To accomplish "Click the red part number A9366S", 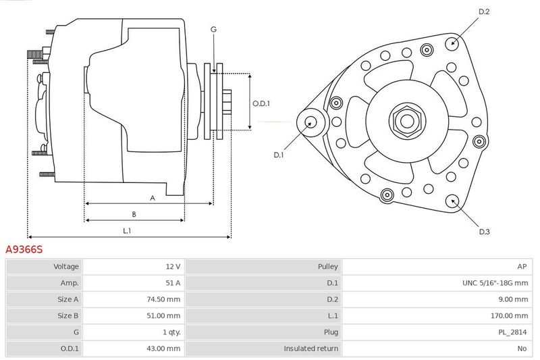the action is click(24, 249).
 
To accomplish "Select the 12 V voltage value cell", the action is click(173, 266).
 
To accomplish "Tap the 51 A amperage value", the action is click(173, 283).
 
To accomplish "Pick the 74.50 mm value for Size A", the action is click(163, 299).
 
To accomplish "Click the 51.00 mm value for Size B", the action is click(163, 315).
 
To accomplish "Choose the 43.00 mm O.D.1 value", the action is click(163, 349).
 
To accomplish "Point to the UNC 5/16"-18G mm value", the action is click(495, 283).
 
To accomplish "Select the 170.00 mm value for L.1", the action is click(509, 315).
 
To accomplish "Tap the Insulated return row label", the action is click(310, 349).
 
